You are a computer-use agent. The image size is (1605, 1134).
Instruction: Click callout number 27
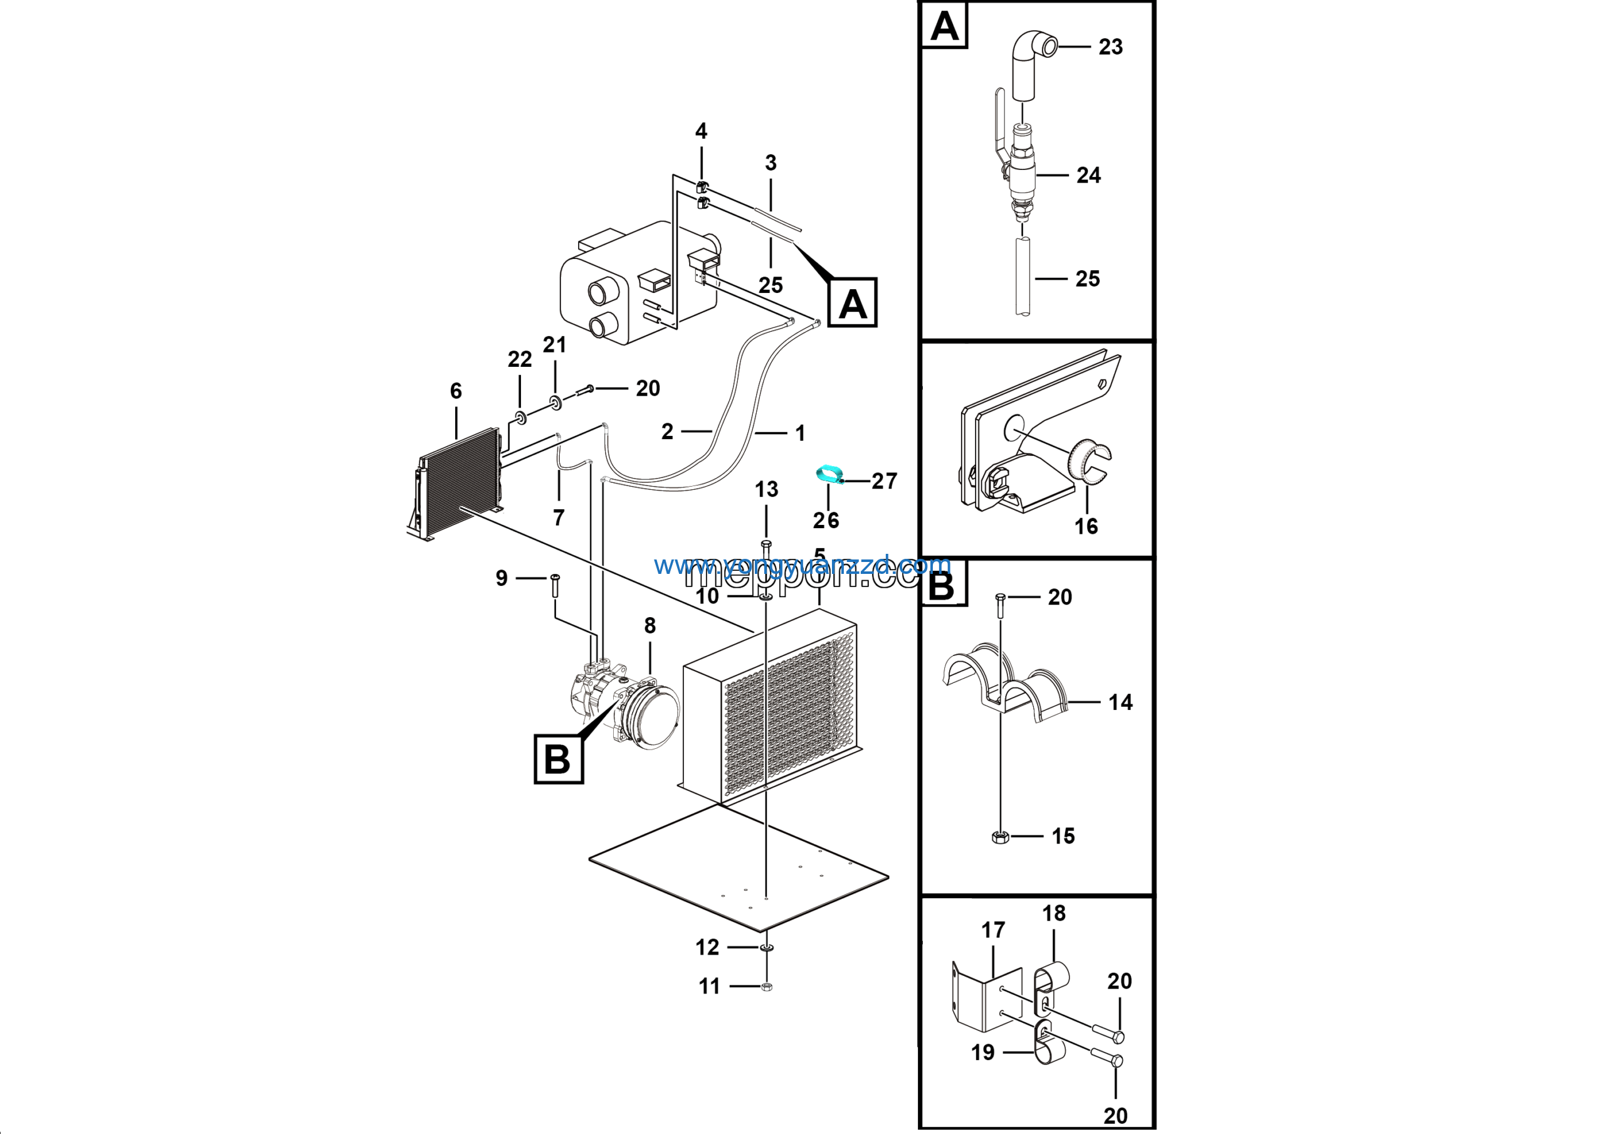point(883,481)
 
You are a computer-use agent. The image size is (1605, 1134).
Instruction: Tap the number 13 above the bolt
point(766,489)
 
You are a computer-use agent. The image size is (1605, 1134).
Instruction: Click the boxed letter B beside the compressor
point(558,758)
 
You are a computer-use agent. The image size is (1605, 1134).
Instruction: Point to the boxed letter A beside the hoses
point(852,304)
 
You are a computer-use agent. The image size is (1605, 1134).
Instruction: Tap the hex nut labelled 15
point(999,836)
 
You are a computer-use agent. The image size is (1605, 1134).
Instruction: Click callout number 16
point(1086,526)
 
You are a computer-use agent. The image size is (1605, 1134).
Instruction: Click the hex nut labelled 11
point(766,987)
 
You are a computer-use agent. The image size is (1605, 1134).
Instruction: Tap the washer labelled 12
point(766,948)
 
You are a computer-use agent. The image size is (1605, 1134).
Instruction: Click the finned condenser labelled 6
point(458,482)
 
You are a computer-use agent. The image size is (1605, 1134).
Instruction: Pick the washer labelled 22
point(521,419)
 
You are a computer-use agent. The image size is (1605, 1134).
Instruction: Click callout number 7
point(559,518)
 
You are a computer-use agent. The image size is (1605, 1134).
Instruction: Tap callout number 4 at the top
point(700,130)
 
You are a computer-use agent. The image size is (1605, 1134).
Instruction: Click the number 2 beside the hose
point(668,432)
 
